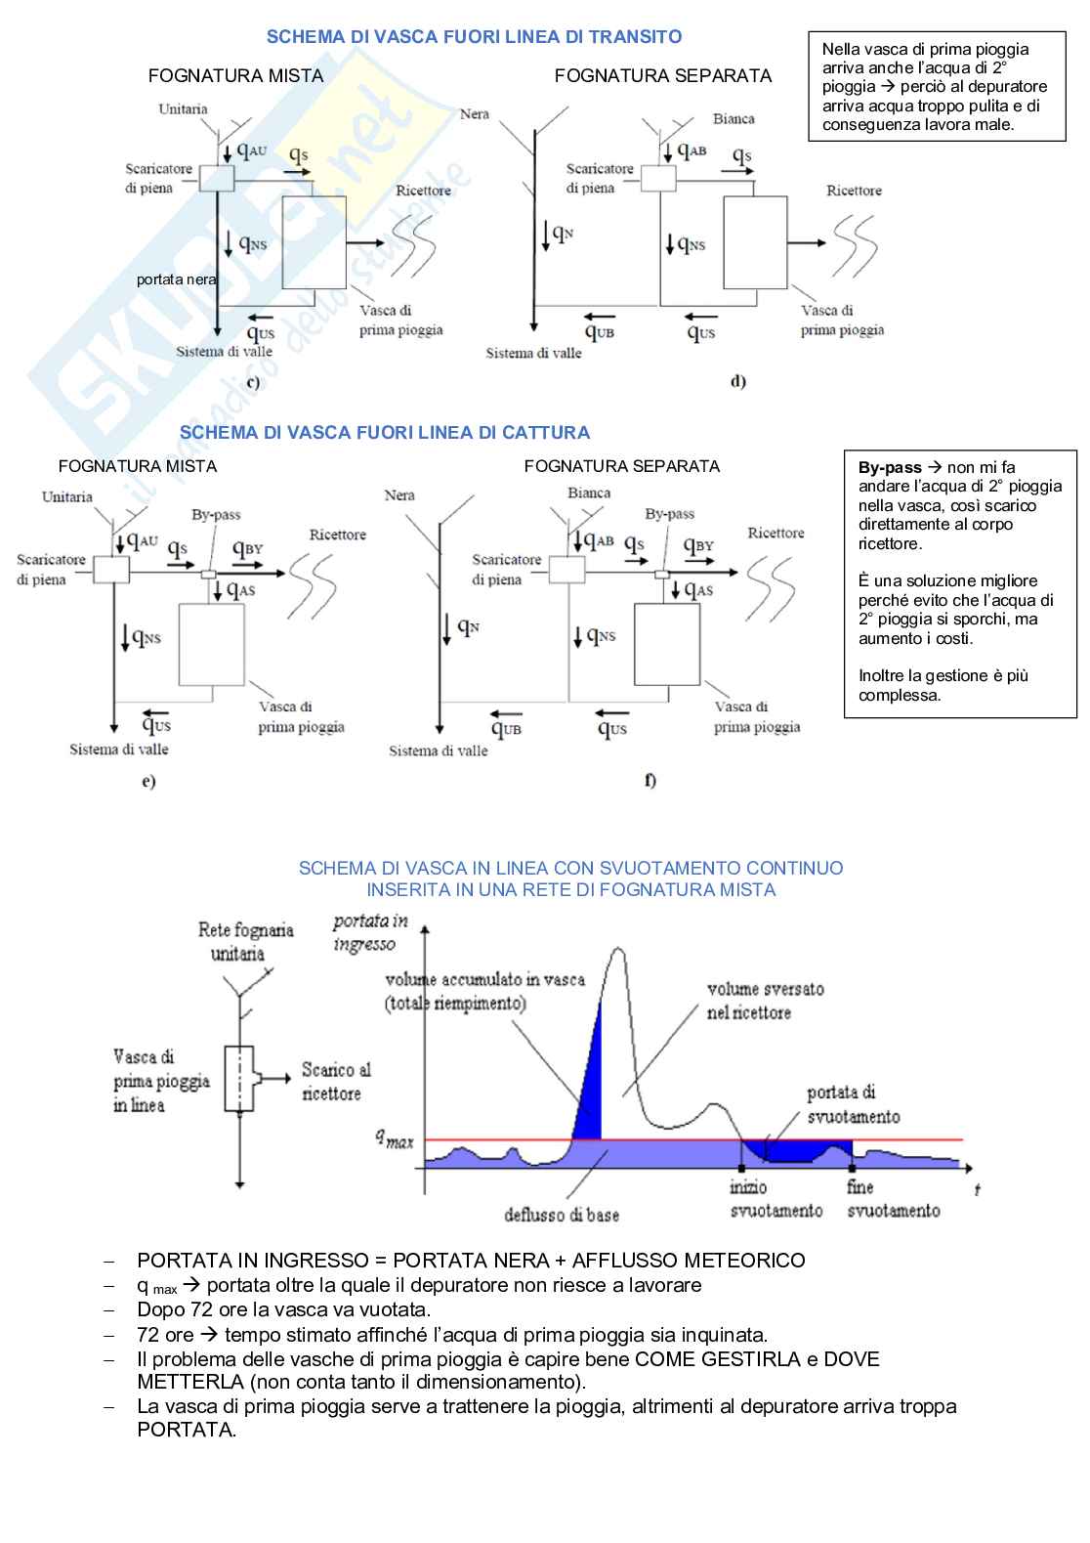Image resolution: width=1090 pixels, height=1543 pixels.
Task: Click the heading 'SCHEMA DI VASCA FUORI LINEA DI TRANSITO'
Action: [x=474, y=37]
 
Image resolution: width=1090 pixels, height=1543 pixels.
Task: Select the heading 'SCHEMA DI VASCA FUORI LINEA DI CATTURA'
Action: [x=385, y=432]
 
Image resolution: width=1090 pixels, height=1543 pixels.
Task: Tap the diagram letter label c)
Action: [x=253, y=382]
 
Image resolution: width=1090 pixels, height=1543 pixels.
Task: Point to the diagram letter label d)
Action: [x=737, y=381]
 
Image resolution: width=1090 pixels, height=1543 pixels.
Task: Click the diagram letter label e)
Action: [x=148, y=781]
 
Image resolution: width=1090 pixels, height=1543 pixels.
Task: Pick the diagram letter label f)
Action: [x=650, y=780]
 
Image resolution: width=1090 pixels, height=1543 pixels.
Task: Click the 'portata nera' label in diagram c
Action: [x=176, y=279]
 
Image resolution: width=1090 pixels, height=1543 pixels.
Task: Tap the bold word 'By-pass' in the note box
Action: [x=889, y=467]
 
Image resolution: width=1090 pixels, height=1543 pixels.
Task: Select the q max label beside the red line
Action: [x=396, y=1137]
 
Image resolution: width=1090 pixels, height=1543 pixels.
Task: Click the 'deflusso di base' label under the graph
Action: [x=562, y=1215]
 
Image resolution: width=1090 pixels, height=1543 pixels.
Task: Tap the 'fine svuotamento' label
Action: [x=893, y=1199]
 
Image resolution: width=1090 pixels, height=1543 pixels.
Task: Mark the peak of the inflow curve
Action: [x=616, y=949]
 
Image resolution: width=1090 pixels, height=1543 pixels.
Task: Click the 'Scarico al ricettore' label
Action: [x=335, y=1082]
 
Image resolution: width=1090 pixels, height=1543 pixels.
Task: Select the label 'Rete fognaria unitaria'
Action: [x=244, y=941]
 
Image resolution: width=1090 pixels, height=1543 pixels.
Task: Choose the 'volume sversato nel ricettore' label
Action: [x=765, y=1001]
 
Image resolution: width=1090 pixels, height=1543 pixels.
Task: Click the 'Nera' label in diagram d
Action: [x=475, y=114]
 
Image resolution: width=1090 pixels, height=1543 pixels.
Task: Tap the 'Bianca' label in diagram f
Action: [x=589, y=493]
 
